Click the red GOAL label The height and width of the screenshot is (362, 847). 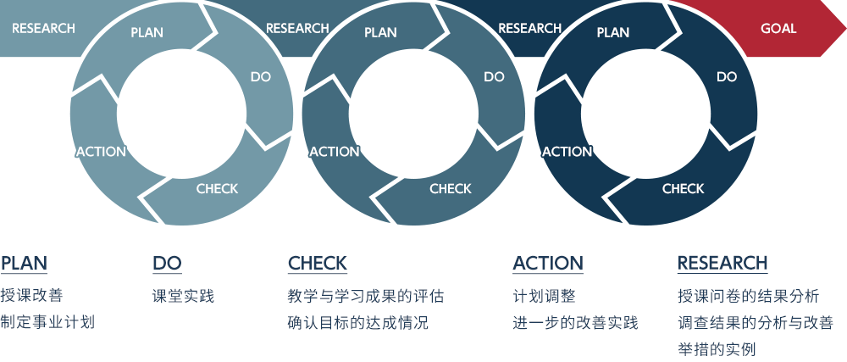[778, 28]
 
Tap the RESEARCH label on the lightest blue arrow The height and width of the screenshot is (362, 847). [44, 28]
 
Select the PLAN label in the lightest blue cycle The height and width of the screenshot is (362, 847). [147, 32]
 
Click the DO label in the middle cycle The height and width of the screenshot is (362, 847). [494, 76]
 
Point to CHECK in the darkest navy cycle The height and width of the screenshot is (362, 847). [684, 188]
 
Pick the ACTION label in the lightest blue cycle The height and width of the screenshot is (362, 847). [101, 152]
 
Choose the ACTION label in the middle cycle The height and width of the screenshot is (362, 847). [335, 152]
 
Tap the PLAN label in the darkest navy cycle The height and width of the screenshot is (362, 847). [613, 32]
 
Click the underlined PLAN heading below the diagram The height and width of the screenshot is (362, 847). [24, 263]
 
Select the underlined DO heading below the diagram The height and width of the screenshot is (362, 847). [167, 263]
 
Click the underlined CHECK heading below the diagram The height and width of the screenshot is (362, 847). [318, 263]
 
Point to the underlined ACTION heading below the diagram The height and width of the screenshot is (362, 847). [548, 263]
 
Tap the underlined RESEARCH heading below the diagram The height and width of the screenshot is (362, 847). [722, 263]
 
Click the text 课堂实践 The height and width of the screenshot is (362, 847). [184, 296]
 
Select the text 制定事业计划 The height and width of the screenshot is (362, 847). [47, 322]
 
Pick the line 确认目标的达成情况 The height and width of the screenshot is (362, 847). [358, 322]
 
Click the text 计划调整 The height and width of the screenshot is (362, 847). [544, 296]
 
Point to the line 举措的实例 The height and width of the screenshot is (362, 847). [717, 349]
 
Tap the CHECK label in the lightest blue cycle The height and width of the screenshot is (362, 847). [217, 188]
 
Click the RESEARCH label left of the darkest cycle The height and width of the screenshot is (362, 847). [530, 28]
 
